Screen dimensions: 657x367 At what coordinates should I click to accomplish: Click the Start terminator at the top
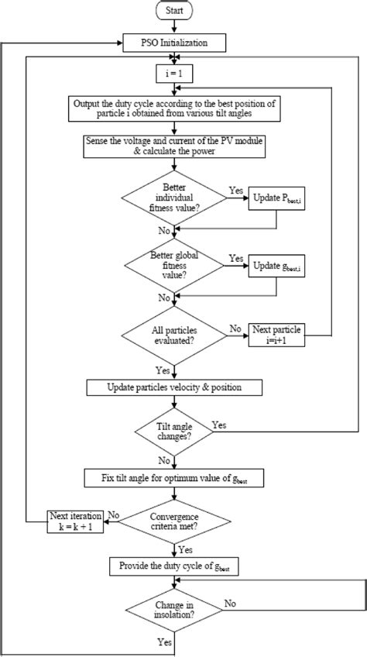pos(177,11)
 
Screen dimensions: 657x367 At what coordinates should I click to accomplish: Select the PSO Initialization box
pos(177,43)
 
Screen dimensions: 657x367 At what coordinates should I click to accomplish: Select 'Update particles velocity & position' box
pos(177,387)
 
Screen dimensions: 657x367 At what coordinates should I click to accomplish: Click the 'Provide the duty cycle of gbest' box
pos(177,568)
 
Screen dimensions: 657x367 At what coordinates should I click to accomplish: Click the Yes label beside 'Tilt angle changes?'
pos(219,425)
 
